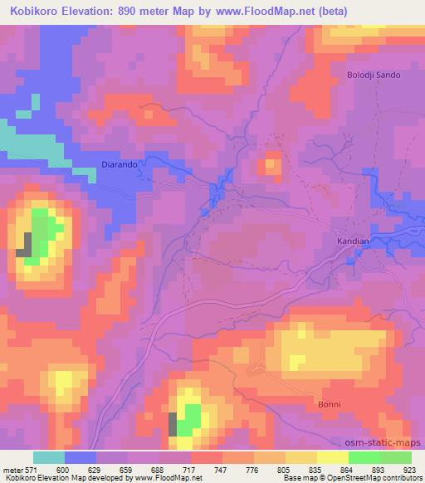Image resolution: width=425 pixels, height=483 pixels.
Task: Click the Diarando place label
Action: click(119, 164)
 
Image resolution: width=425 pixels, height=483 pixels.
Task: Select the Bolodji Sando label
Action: click(373, 75)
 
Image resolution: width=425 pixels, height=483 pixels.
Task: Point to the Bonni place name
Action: click(329, 403)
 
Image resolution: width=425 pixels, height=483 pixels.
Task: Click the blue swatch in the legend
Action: click(80, 457)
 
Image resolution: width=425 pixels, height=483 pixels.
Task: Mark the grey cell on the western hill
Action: click(27, 245)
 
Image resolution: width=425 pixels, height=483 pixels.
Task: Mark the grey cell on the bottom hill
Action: click(173, 424)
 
